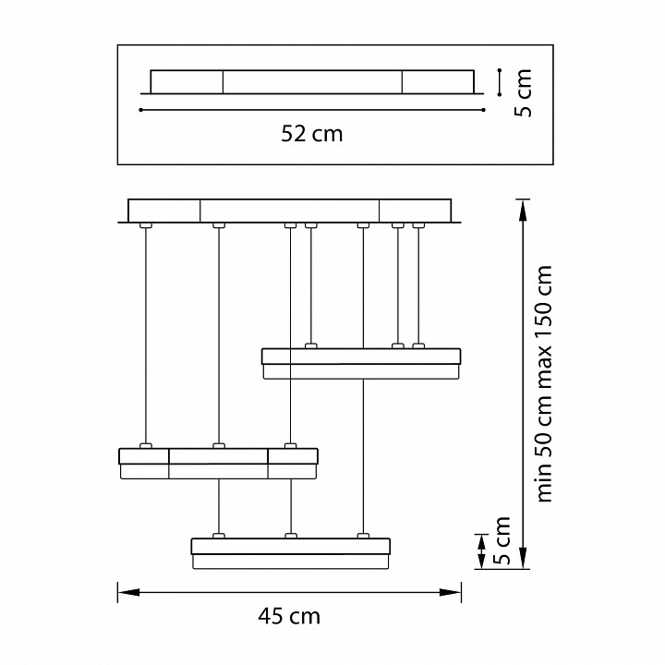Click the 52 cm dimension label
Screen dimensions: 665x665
(x=312, y=134)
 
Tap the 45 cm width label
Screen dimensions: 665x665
(x=289, y=616)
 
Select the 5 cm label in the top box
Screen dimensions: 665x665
(x=523, y=93)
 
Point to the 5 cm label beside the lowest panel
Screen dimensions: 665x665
(x=502, y=540)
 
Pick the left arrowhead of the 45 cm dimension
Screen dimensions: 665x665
(x=128, y=592)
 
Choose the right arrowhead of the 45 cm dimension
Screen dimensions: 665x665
(x=451, y=592)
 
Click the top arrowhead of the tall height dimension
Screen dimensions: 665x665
(x=523, y=210)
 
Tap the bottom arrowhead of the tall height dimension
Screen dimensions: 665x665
(x=523, y=558)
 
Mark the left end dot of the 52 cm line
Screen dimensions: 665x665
(x=140, y=110)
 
